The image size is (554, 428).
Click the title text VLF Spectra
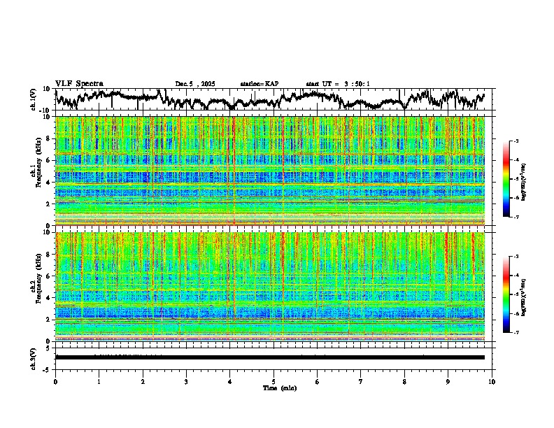[79, 84]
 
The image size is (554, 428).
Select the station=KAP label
[259, 84]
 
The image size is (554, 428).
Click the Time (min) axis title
[280, 387]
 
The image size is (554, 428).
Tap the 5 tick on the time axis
[274, 381]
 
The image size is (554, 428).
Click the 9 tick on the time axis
[448, 381]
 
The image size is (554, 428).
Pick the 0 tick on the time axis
[55, 381]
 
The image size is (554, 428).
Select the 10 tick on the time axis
[492, 381]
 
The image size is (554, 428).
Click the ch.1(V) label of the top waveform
[34, 100]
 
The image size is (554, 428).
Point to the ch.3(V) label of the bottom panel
[34, 357]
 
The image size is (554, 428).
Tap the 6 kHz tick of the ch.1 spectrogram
[50, 160]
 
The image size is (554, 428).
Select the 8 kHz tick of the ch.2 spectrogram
[50, 254]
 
